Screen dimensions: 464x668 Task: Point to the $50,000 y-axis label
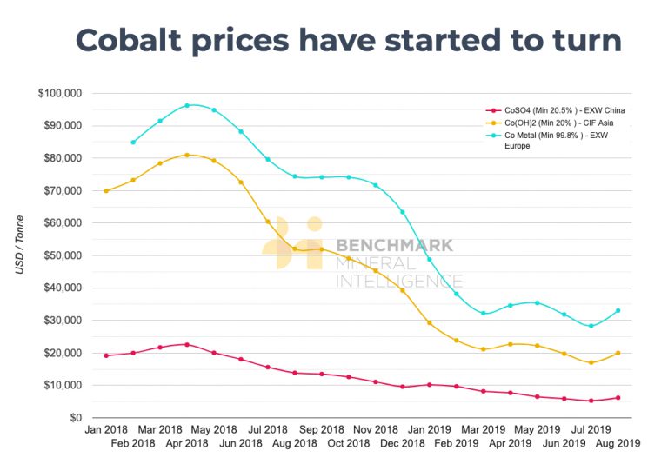click(x=60, y=255)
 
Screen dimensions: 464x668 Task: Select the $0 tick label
click(x=75, y=418)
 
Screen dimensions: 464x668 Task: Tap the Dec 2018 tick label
click(x=402, y=443)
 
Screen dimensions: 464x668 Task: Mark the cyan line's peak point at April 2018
click(x=187, y=105)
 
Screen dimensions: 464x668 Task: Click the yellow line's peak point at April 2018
click(x=187, y=155)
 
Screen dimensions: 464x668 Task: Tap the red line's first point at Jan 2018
click(x=106, y=355)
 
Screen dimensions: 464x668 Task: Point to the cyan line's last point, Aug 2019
click(x=618, y=310)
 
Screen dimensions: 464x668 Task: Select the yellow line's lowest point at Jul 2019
click(x=591, y=362)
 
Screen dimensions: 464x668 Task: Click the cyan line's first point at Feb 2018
click(x=133, y=142)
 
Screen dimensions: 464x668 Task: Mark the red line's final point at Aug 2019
click(x=618, y=398)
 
